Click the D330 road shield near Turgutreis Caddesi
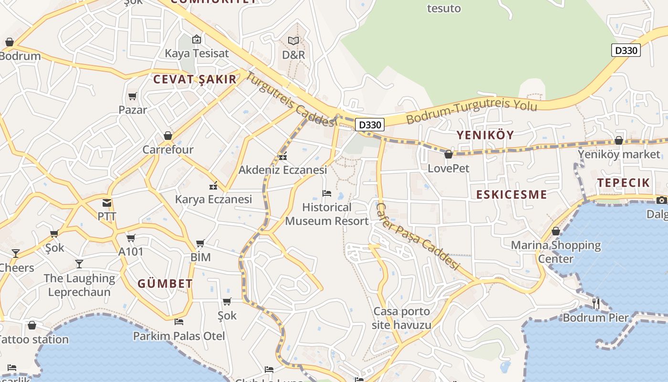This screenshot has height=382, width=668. pos(370,125)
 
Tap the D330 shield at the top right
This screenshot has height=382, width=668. pos(626,50)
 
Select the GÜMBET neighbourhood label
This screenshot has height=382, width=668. pos(165,284)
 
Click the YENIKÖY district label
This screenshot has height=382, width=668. pos(485,135)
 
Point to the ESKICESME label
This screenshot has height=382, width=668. pos(511,194)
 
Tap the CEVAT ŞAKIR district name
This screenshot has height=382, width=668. pos(195,80)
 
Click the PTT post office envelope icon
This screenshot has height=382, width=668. pos(106,203)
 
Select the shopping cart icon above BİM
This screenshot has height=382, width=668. pos(200,244)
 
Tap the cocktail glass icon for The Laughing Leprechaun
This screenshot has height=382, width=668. pos(79,264)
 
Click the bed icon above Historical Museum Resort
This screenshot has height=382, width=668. pos(327,193)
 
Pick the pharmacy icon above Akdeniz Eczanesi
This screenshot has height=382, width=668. pos(283,156)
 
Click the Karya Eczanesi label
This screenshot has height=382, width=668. pos(213,199)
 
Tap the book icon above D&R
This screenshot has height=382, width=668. pos(293,41)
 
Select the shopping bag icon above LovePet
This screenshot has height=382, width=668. pos(448,154)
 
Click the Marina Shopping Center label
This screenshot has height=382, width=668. pos(556,252)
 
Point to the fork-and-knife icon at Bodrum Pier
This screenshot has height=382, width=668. pos(595,303)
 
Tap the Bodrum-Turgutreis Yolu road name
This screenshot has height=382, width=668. pos(472,111)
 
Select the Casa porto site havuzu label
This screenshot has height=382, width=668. pos(401,318)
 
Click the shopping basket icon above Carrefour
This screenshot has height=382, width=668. pos(168,136)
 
